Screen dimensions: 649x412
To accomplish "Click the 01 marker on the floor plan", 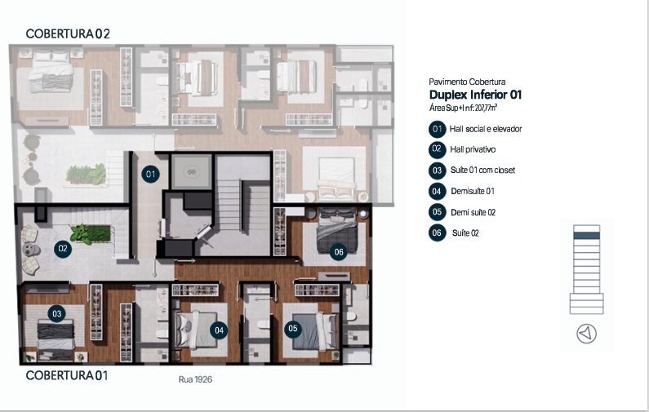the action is tap(150, 174).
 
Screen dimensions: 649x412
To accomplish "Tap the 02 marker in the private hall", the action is tap(63, 249).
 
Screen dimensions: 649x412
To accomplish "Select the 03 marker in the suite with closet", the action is tap(56, 313).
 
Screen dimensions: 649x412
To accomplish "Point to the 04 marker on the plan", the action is tap(219, 330).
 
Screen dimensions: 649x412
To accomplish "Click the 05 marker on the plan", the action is tap(292, 329).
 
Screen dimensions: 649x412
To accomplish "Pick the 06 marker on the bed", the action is tap(339, 251).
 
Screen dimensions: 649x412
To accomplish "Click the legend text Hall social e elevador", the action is tap(486, 129).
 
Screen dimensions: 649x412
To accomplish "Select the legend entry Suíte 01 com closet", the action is tap(482, 170).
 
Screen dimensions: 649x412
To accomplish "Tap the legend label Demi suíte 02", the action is tap(473, 213).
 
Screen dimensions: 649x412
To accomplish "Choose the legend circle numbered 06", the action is tap(437, 233).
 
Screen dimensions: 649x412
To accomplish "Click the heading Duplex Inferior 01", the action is tap(476, 95).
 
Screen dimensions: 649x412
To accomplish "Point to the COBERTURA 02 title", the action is tap(68, 34).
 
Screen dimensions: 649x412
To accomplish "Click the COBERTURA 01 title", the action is tap(67, 375).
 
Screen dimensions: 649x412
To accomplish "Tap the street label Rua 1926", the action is tap(195, 379).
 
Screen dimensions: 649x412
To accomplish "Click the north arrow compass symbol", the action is tap(586, 334).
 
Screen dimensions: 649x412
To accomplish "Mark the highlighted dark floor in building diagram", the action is tap(586, 235).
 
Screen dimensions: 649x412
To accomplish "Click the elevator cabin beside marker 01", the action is tap(191, 171).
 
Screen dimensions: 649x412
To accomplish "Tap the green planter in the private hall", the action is tap(91, 233).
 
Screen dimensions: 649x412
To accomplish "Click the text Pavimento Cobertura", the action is tap(467, 82).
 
